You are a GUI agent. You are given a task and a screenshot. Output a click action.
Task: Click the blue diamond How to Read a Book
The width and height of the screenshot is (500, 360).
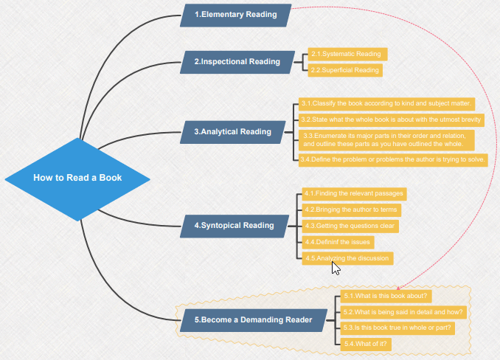pyautogui.click(x=77, y=178)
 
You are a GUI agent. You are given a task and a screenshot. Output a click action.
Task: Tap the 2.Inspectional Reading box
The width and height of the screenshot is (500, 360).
pyautogui.click(x=237, y=62)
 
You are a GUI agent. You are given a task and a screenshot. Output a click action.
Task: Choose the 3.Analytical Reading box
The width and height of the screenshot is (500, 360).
pyautogui.click(x=233, y=132)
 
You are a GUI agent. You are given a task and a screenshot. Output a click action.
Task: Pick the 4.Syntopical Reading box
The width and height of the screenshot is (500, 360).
pyautogui.click(x=234, y=225)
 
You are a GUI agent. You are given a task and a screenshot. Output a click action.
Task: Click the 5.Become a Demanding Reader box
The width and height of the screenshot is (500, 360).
pyautogui.click(x=253, y=319)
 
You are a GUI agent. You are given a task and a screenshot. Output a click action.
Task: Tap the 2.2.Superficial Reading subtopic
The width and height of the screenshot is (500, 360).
pyautogui.click(x=345, y=70)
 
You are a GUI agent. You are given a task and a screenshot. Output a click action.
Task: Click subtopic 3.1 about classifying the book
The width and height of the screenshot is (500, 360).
pyautogui.click(x=387, y=103)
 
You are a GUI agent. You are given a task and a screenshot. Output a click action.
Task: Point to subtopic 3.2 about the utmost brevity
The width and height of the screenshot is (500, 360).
pyautogui.click(x=392, y=119)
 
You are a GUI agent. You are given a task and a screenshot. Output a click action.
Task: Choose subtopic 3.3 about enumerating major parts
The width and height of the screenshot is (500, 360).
pyautogui.click(x=386, y=139)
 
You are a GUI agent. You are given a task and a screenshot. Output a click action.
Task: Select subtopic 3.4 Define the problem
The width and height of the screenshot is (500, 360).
pyautogui.click(x=393, y=159)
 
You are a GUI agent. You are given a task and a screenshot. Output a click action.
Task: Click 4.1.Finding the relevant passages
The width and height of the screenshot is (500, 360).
pyautogui.click(x=354, y=193)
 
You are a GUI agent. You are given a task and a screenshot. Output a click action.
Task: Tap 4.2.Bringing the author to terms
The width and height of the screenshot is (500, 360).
pyautogui.click(x=352, y=210)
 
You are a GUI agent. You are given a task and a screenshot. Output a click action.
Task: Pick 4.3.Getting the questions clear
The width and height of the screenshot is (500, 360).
pyautogui.click(x=350, y=225)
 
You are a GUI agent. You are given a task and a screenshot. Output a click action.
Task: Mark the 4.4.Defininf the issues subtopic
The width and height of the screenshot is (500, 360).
pyautogui.click(x=338, y=241)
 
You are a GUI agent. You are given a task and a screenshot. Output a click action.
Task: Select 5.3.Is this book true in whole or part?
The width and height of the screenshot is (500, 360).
pyautogui.click(x=397, y=327)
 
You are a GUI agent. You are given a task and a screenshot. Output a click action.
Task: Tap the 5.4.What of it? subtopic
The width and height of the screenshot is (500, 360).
pyautogui.click(x=367, y=343)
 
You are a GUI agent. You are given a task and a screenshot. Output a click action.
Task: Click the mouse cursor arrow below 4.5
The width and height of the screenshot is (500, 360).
pyautogui.click(x=336, y=266)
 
